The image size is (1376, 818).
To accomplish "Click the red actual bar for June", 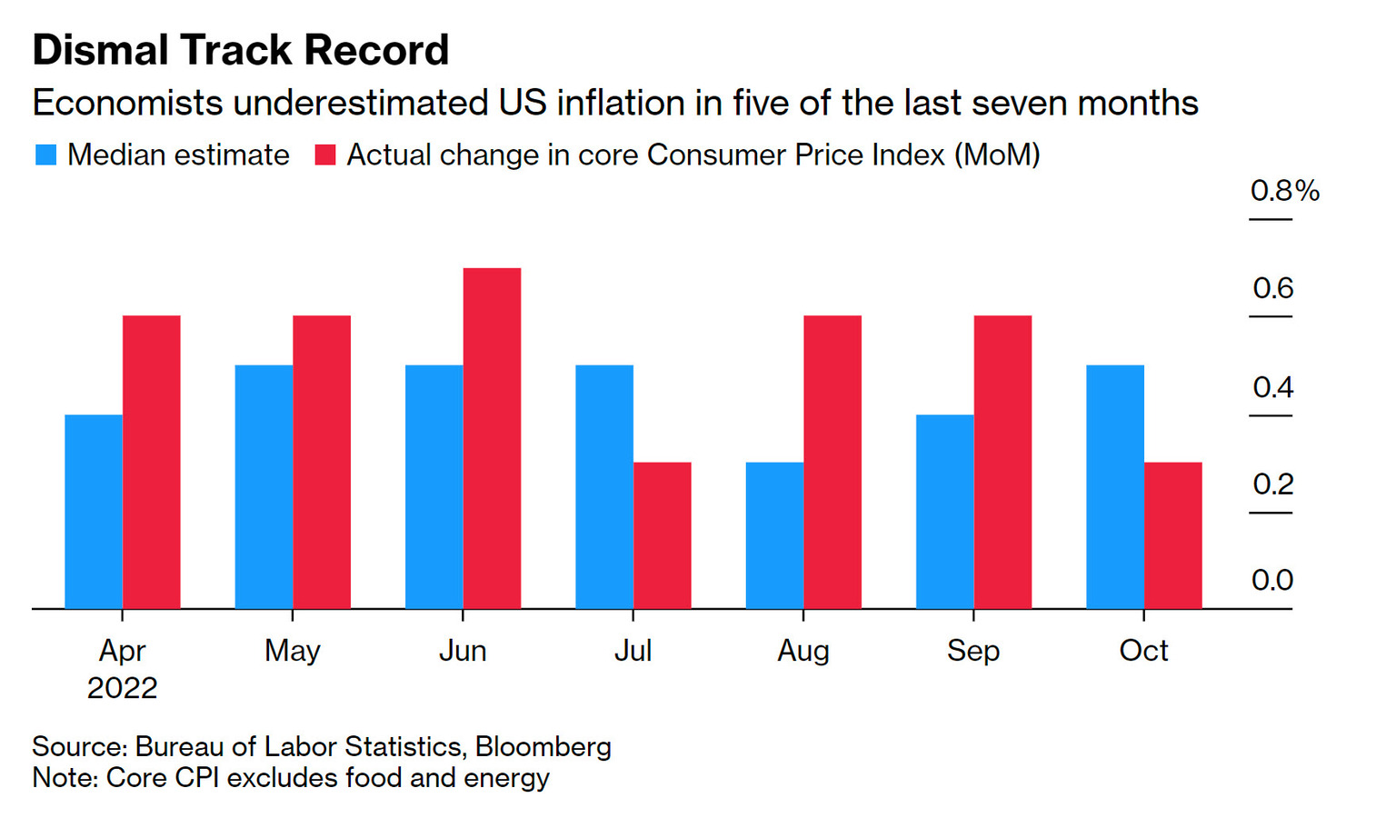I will (492, 438).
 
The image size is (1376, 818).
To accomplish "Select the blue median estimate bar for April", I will (94, 512).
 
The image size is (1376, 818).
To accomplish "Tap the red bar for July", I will (662, 535).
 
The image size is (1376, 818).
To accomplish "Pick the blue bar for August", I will (774, 535).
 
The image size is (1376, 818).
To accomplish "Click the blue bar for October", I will (1114, 486).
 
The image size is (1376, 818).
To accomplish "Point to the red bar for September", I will (1002, 462).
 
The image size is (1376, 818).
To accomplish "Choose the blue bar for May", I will (264, 486).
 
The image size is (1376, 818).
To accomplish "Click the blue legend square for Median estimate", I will (45, 155).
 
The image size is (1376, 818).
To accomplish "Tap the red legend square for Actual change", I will (324, 155).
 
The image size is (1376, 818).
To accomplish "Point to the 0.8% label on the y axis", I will (1284, 191).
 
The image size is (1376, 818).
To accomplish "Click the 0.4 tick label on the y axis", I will (1272, 387).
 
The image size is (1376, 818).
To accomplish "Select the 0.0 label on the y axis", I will (1271, 580).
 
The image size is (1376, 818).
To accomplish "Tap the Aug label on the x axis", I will (803, 651).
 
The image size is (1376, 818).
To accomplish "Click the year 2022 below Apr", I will (122, 688).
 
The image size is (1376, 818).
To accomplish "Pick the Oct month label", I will (1143, 651).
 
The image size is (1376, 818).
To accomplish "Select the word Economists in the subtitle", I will (127, 103).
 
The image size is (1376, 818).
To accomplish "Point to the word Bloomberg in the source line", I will (543, 746).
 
